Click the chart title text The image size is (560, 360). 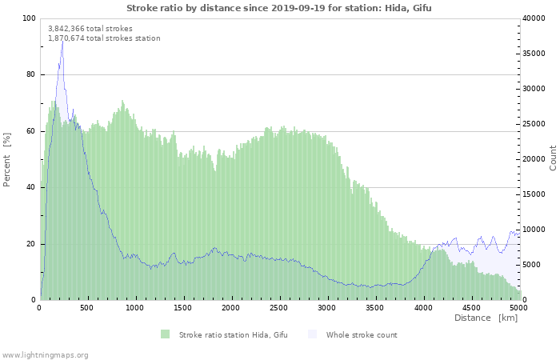279,8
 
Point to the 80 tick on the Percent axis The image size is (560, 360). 30,74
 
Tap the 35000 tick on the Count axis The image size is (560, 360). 534,54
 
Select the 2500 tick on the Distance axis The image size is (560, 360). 278,308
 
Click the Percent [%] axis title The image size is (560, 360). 6,160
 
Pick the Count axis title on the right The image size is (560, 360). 553,158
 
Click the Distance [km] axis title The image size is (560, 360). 486,318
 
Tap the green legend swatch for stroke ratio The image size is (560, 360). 165,334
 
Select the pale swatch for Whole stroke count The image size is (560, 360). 312,334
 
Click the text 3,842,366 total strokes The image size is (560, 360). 90,29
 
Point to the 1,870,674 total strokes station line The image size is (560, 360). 104,38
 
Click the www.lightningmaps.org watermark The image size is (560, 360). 44,355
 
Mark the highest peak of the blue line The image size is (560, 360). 62,41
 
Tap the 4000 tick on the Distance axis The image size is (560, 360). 423,308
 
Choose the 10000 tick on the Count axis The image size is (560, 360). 534,230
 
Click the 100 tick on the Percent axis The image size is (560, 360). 29,18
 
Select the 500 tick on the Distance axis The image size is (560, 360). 86,308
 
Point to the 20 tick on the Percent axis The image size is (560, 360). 30,244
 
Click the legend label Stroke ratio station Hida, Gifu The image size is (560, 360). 234,335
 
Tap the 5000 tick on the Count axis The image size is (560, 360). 532,265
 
